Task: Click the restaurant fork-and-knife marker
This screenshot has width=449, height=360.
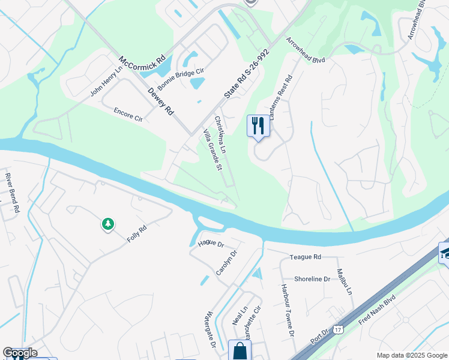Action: click(258, 126)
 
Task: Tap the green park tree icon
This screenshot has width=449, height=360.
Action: click(108, 224)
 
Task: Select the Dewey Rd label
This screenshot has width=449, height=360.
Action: click(161, 99)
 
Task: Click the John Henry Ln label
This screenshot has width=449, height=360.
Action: click(106, 81)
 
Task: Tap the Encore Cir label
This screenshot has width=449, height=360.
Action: click(128, 114)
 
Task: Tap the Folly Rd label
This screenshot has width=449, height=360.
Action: click(137, 233)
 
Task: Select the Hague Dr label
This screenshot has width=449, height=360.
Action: click(210, 244)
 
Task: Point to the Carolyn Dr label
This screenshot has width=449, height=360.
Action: click(227, 265)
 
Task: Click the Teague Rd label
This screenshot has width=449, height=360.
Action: click(305, 256)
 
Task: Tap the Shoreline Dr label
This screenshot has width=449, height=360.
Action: click(312, 279)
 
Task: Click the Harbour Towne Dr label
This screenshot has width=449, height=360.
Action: click(285, 310)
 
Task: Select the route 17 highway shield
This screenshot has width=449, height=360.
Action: click(339, 329)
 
